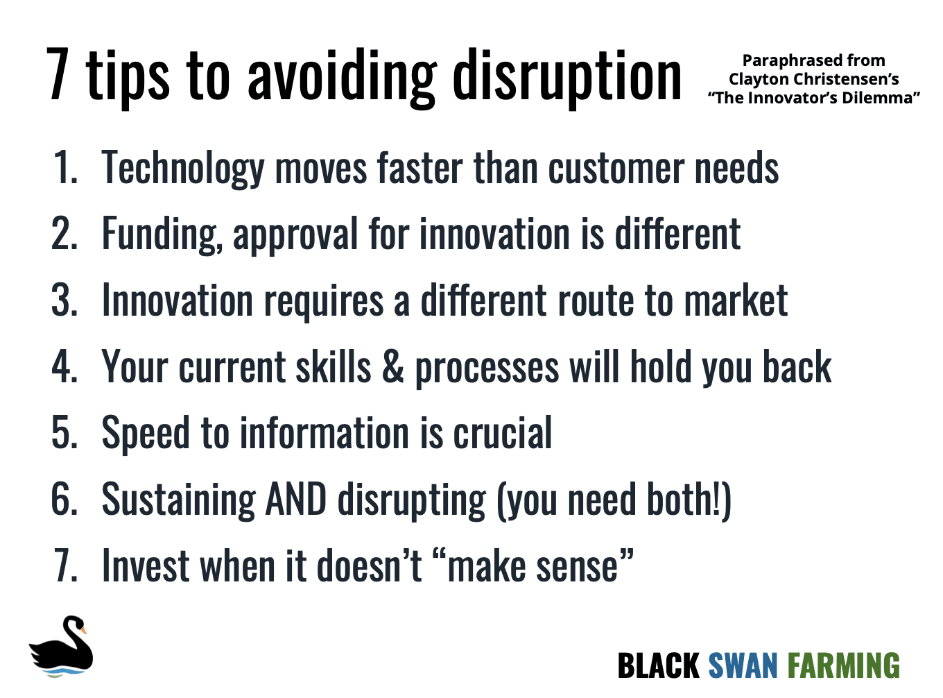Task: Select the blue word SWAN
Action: (x=743, y=666)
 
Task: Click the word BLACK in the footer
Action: (x=658, y=666)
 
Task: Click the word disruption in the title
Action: (x=567, y=76)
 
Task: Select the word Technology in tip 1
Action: (x=183, y=169)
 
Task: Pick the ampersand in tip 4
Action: (x=392, y=367)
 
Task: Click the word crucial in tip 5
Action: (x=502, y=434)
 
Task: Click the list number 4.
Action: (x=64, y=367)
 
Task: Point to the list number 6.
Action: (x=64, y=500)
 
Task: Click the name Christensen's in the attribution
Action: (x=851, y=79)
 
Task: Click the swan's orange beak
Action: (x=83, y=631)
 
